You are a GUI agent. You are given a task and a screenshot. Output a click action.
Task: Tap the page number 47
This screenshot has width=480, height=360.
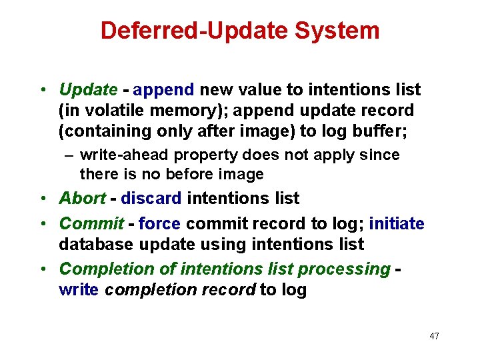pos(434,336)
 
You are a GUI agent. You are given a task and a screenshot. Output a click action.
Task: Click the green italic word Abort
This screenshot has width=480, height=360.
pos(82,198)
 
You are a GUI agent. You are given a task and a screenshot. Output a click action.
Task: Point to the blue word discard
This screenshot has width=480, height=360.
pos(151,198)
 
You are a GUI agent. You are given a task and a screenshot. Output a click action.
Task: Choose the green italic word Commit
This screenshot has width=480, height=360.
pos(91,223)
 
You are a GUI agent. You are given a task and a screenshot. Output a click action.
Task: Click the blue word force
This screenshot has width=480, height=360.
pos(160,223)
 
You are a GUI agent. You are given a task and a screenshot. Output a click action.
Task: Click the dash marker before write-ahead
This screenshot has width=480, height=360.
pos(69,155)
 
